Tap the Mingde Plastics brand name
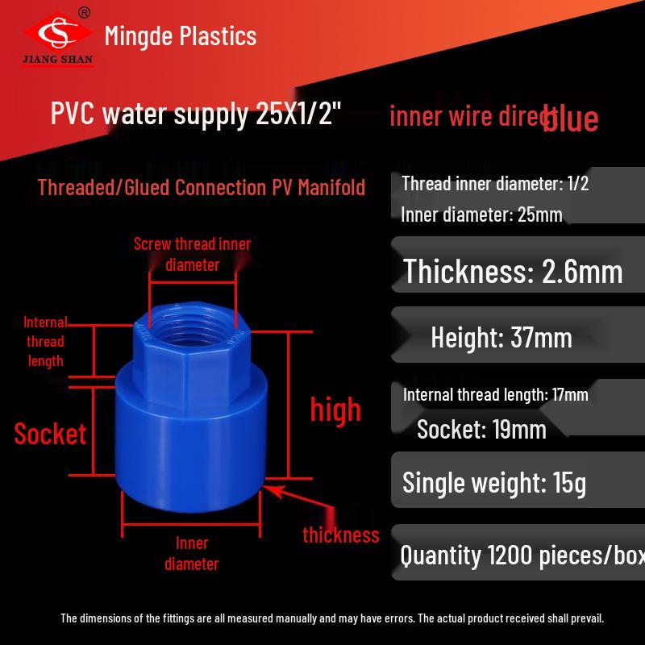[181, 36]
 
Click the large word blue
[570, 119]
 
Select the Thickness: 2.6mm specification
[513, 272]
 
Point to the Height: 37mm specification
[501, 337]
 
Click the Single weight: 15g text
[494, 483]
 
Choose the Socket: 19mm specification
[481, 429]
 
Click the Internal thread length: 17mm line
[495, 394]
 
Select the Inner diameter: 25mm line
[481, 214]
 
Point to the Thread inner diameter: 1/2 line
[495, 184]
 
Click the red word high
[335, 410]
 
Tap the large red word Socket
[50, 434]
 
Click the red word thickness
[340, 535]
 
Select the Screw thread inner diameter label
[192, 254]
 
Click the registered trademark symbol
[84, 12]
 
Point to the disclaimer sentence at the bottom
[332, 618]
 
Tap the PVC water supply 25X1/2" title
[197, 114]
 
